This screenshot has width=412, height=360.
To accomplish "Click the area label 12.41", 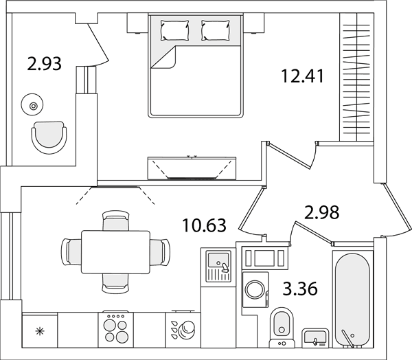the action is coord(302,76).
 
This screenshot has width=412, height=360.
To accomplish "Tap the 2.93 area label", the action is coord(44,64).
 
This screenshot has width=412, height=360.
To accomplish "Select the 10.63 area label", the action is coord(205,225).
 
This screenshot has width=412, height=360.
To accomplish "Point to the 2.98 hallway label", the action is coord(321,212).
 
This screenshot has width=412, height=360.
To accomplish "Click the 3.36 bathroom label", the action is coord(300,289).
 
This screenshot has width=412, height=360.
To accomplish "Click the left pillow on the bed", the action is coord(174,30).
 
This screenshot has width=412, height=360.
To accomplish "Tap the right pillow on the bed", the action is coord(216,30).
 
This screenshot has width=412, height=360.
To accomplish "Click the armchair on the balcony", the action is coord(49,137).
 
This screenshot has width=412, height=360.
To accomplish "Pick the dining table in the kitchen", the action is coord(115,252).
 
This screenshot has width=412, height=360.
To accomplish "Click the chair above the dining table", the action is coord(115,221).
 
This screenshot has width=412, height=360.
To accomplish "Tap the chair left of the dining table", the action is coord(71,252).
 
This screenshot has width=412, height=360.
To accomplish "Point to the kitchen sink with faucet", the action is coord(218,266).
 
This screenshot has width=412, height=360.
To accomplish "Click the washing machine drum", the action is coord(255,289).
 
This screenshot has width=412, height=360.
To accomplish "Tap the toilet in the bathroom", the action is coord(282,328).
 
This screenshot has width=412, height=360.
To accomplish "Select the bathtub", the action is coord(353,300).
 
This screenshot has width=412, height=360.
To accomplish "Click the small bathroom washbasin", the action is coord(315,338).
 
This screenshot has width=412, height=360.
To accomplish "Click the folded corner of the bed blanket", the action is coord(163,57).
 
